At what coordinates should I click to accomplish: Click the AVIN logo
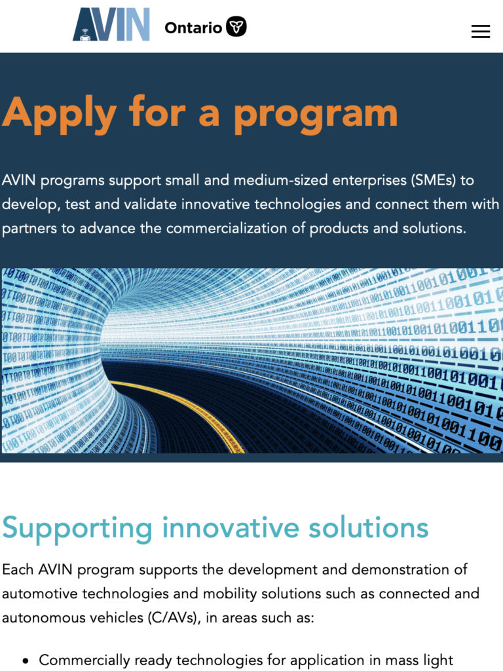[x=111, y=24]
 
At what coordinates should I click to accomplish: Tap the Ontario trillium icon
[x=236, y=27]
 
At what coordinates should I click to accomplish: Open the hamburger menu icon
[x=481, y=31]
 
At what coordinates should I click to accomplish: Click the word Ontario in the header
[x=193, y=28]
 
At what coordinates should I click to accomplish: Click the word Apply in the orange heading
[x=60, y=115]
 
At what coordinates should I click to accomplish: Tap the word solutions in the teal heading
[x=369, y=527]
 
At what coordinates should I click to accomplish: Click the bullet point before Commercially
[x=26, y=661]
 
